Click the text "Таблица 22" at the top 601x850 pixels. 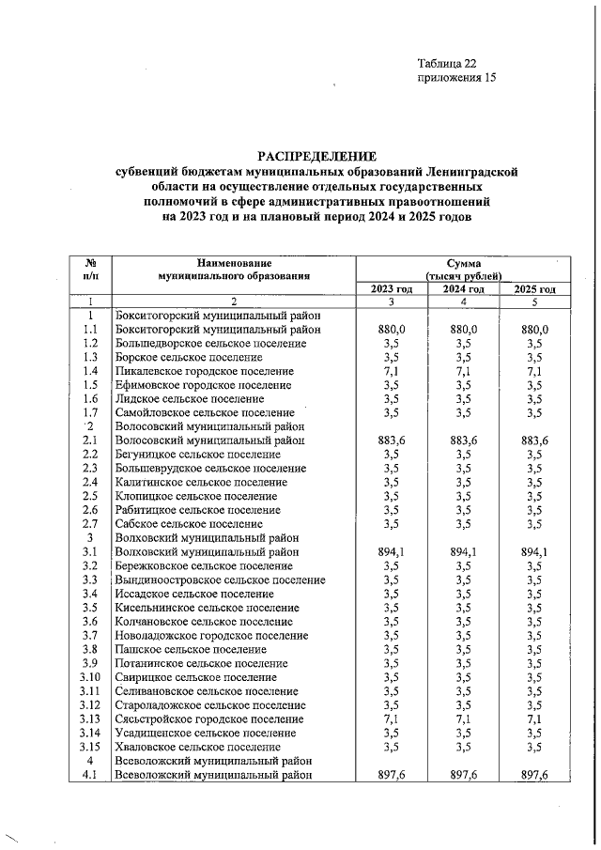coord(447,64)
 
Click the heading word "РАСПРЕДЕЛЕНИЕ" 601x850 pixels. coord(316,156)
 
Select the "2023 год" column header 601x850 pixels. coord(392,289)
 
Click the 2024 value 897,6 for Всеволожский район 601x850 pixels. coord(464,774)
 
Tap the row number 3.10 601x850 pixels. coord(91,677)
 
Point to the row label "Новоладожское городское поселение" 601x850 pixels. coord(210,635)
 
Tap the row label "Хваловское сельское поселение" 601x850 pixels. coord(197,747)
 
